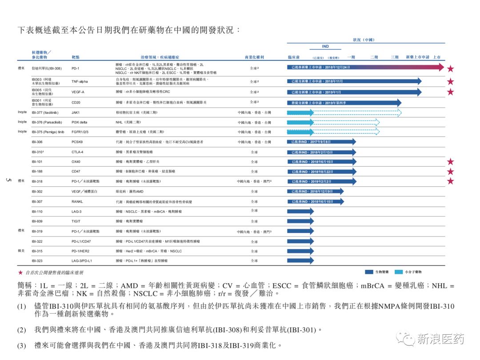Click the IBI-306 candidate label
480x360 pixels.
click(37, 142)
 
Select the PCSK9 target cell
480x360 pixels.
click(77, 142)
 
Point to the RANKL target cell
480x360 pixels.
click(77, 201)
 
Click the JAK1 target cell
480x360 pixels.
click(76, 112)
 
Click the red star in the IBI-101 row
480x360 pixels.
click(450, 162)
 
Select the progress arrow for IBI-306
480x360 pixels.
click(321, 142)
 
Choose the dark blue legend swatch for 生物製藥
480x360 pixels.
click(371, 271)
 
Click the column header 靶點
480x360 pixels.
click(76, 58)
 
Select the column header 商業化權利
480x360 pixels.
click(254, 58)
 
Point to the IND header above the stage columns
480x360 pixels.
click(325, 47)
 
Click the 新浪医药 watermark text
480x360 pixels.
click(440, 339)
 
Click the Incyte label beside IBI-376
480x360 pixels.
click(22, 122)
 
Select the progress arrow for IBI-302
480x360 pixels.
click(315, 191)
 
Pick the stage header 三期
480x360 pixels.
click(395, 58)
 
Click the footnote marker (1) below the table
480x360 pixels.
click(22, 307)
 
